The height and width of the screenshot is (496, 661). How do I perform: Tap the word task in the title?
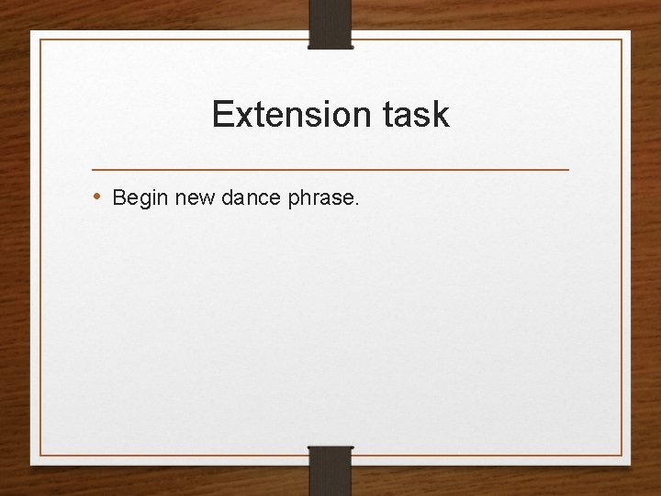(x=419, y=115)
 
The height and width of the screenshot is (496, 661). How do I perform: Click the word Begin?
(x=140, y=197)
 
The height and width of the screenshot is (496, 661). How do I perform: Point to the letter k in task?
(x=441, y=115)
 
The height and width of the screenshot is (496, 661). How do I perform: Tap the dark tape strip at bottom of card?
(x=330, y=469)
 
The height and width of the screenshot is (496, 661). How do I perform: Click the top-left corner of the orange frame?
(x=40, y=39)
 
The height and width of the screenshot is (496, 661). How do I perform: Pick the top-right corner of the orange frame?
(x=622, y=39)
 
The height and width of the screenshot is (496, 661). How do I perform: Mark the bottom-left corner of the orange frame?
(x=40, y=456)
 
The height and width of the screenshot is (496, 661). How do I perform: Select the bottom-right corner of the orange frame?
(x=622, y=456)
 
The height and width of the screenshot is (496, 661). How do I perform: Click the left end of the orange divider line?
(x=93, y=170)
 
